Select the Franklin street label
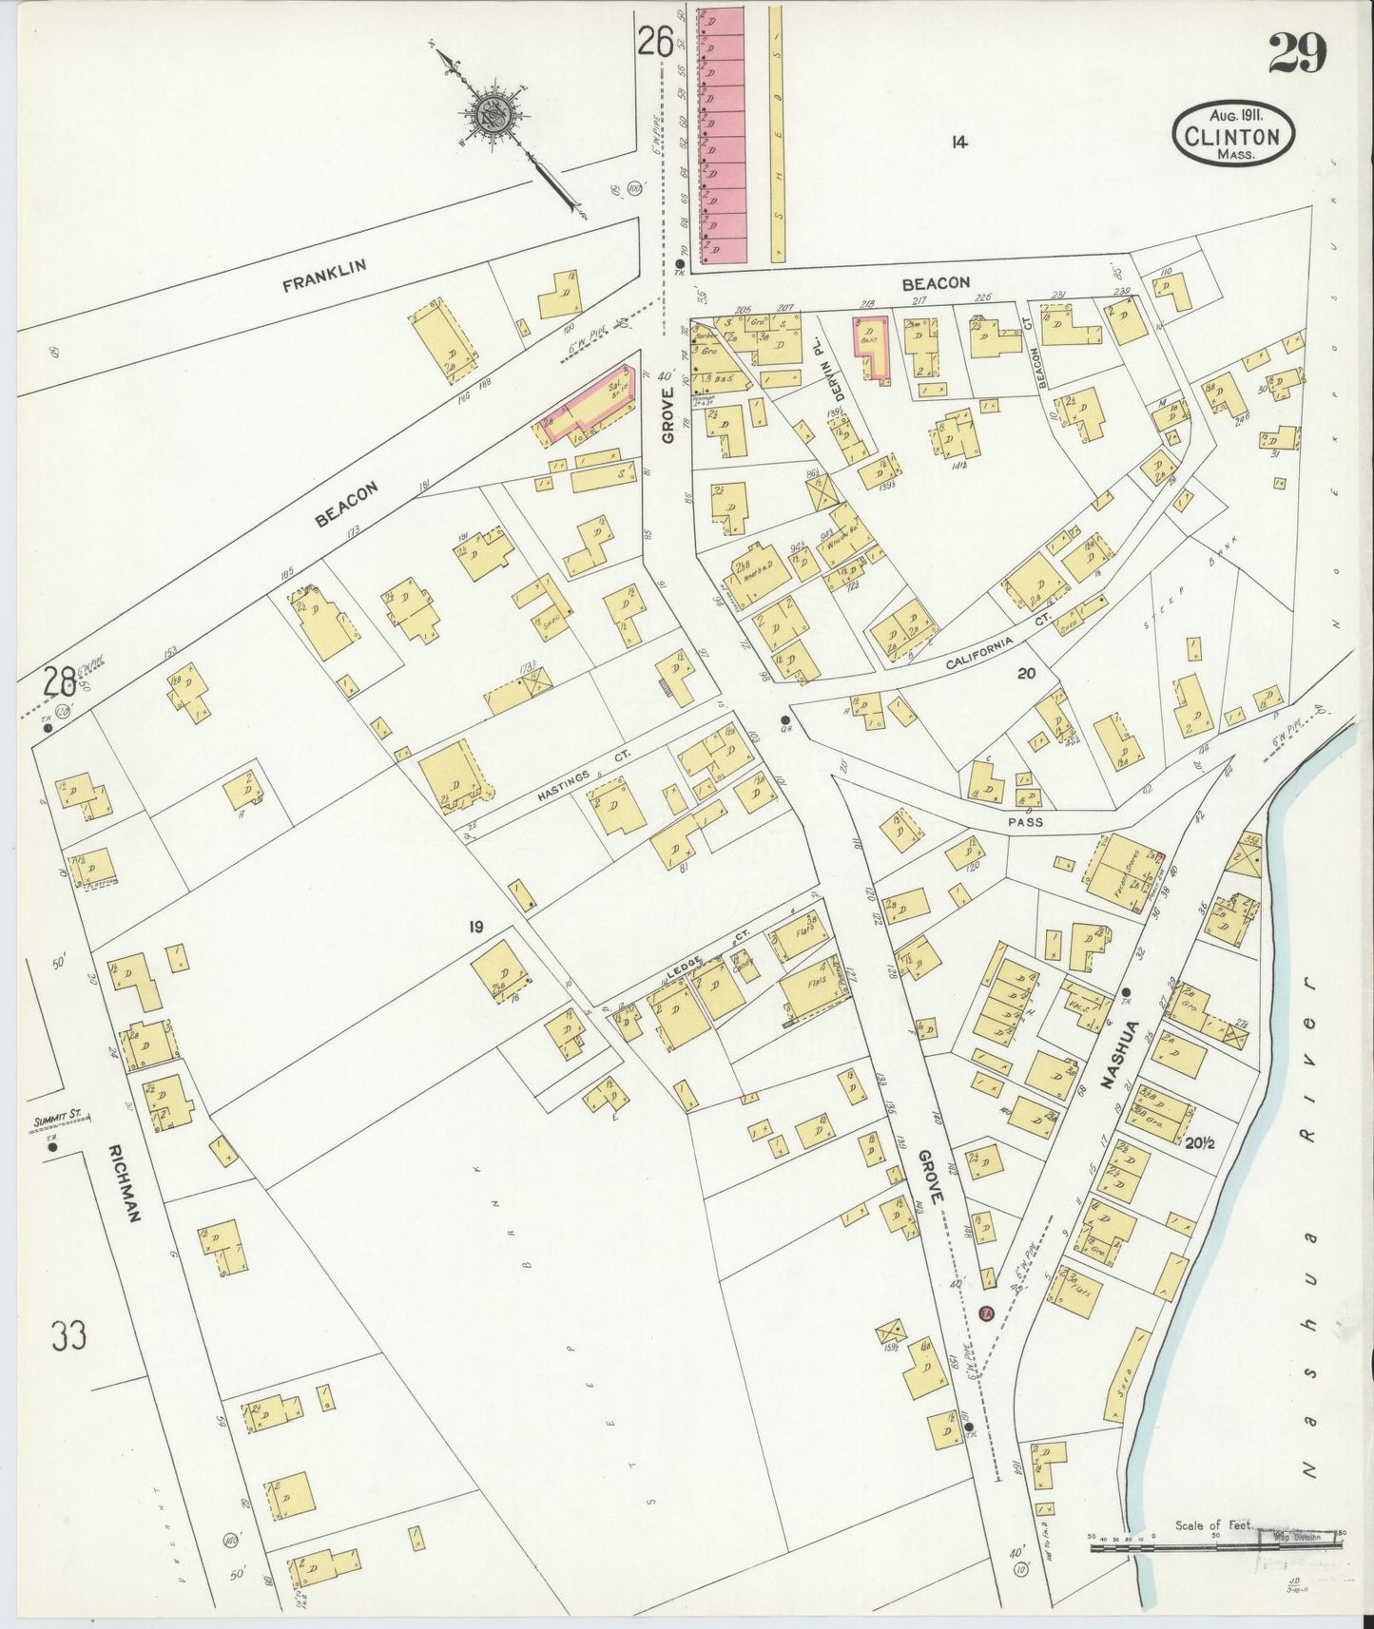tap(324, 275)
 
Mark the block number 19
tap(476, 926)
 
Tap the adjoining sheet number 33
tap(69, 1335)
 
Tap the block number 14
tap(958, 142)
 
